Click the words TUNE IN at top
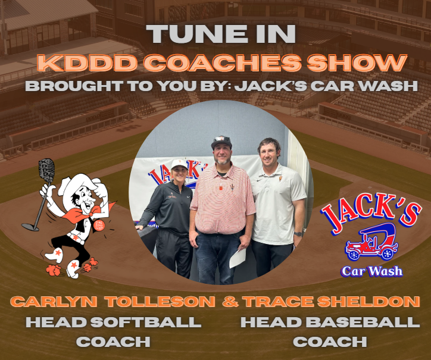215,33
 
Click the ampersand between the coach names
230,302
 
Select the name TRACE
274,302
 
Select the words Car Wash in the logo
371,271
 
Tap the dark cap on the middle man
221,142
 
